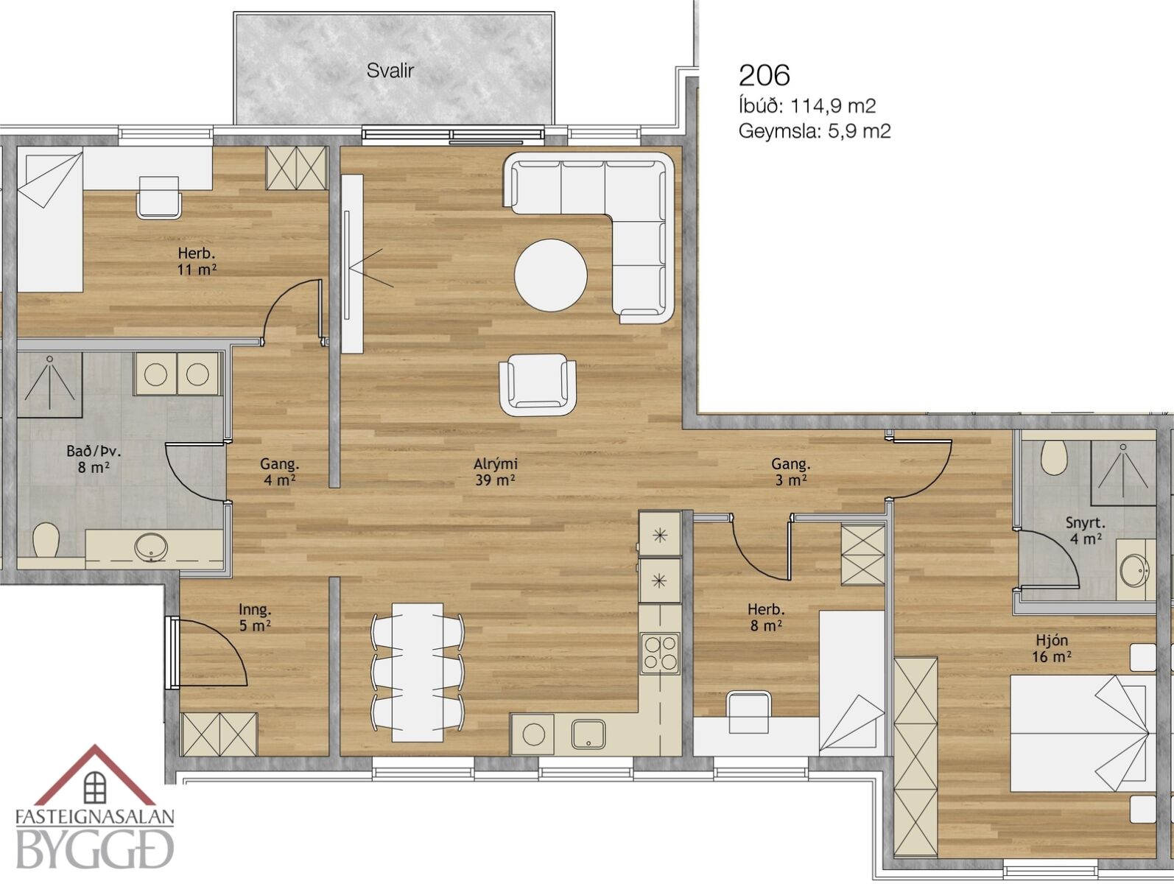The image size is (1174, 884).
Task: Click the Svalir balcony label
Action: [x=390, y=71]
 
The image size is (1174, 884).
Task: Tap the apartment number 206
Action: [x=764, y=75]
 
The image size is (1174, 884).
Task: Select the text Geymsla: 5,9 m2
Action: [x=814, y=131]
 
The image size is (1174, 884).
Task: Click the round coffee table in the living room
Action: [x=550, y=275]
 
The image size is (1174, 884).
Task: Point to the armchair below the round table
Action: [x=538, y=385]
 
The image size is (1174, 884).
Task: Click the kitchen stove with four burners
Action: [x=660, y=653]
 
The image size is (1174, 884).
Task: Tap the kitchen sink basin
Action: [x=588, y=734]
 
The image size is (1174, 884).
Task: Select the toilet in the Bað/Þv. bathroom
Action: [x=46, y=540]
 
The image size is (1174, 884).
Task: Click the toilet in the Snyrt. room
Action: [x=1055, y=457]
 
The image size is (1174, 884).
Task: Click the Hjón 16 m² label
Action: [x=1052, y=648]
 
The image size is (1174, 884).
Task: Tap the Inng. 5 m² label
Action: [x=255, y=617]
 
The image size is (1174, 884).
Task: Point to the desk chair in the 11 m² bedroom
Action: [x=159, y=197]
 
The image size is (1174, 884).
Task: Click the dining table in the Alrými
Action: [x=417, y=673]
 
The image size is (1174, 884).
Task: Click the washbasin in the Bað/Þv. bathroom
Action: [x=151, y=547]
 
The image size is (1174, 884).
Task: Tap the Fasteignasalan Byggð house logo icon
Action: [x=95, y=776]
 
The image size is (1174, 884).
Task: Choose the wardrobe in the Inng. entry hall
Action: [x=219, y=734]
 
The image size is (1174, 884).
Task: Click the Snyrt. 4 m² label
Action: [x=1085, y=530]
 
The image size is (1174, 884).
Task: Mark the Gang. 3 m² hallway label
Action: [x=790, y=471]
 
